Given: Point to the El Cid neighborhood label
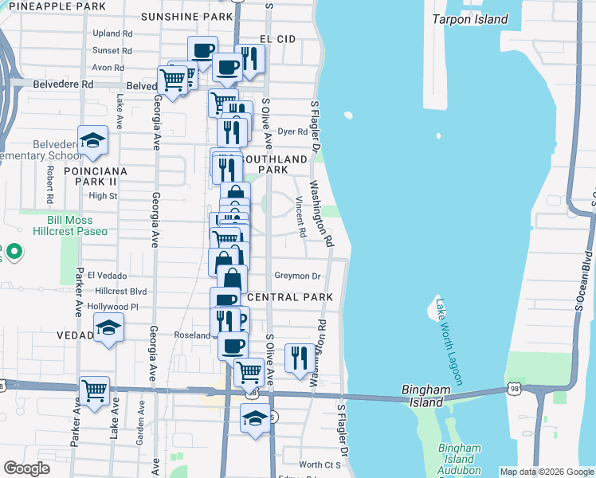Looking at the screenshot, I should pyautogui.click(x=277, y=38).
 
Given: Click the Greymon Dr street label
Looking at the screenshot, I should pyautogui.click(x=296, y=276).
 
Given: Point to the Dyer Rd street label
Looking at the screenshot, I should pyautogui.click(x=292, y=131).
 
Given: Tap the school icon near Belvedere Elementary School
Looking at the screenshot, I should pyautogui.click(x=93, y=140).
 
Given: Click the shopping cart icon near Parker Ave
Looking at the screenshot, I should pyautogui.click(x=94, y=390).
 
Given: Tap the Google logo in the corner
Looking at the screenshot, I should pyautogui.click(x=26, y=468).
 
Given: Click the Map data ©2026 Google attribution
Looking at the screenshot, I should pyautogui.click(x=546, y=472).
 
